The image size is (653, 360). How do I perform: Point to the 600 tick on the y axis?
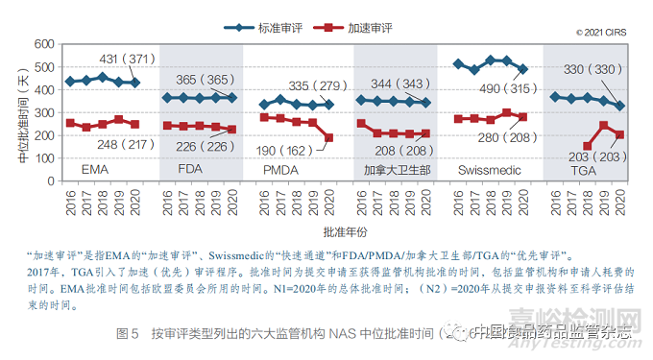click(x=42, y=44)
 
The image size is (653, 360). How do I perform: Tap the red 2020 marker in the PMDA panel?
click(x=329, y=138)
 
